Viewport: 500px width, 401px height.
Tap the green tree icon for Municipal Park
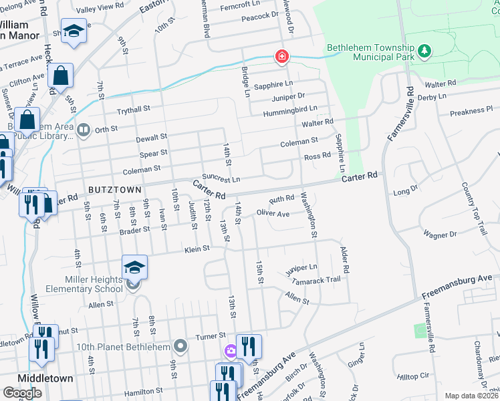[x=424, y=51]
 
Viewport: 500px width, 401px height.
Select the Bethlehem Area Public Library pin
[x=83, y=130]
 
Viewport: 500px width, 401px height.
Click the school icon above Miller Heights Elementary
[x=134, y=267]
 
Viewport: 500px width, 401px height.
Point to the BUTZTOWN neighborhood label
[x=114, y=190]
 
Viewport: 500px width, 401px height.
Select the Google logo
[x=22, y=393]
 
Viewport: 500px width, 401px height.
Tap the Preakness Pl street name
[x=471, y=109]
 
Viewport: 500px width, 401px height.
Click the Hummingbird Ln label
[x=290, y=108]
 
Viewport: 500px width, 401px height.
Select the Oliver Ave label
[x=273, y=214]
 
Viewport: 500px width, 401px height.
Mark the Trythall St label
[x=133, y=108]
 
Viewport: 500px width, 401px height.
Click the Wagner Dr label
[x=439, y=235]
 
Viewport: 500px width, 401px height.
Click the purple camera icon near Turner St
[x=231, y=350]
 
